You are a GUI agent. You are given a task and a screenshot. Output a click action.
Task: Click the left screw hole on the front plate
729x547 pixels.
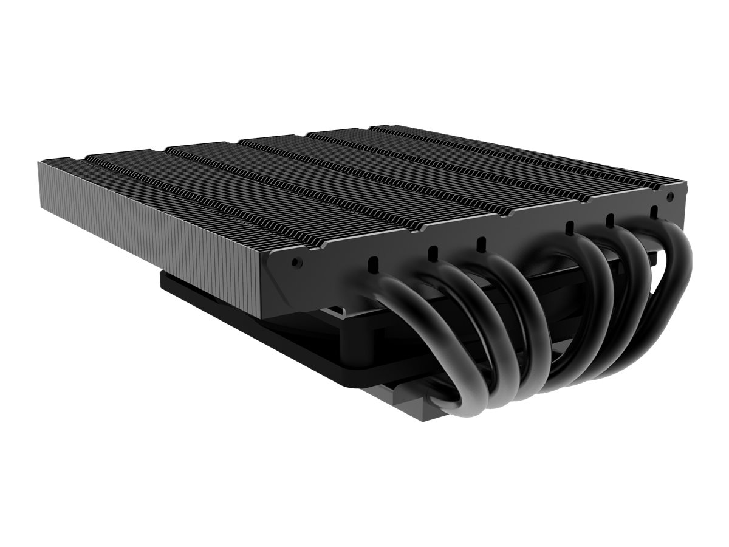[296, 262]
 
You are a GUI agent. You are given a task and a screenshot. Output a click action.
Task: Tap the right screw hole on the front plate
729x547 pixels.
[670, 199]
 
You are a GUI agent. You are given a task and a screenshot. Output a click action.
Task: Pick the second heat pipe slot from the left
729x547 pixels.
[434, 252]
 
